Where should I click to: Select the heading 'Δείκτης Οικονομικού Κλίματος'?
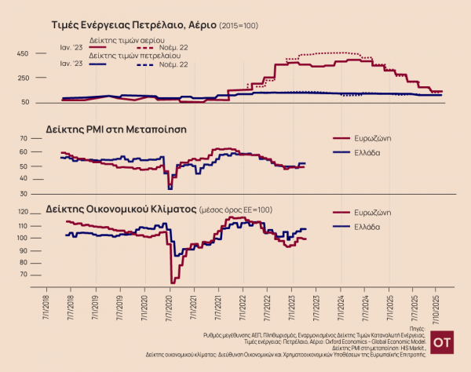coord(118,210)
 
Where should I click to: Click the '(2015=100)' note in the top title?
coord(239,26)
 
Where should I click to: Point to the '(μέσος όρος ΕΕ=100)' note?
coord(235,210)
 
